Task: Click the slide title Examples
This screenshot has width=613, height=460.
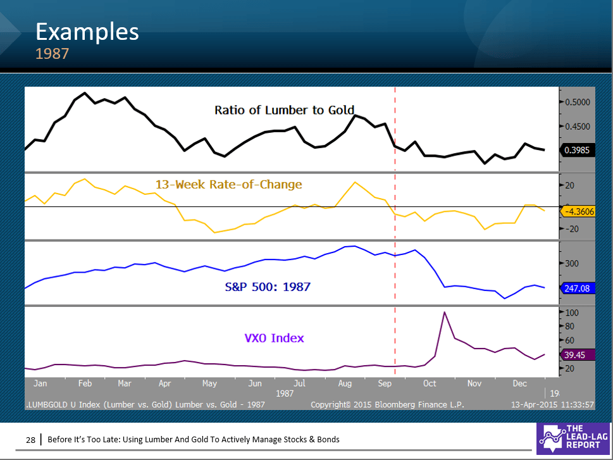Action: coord(87,31)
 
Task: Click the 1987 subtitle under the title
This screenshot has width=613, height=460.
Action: coord(52,54)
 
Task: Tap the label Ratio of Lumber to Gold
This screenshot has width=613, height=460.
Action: coord(284,110)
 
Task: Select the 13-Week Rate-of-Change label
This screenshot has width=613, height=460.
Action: coord(228,185)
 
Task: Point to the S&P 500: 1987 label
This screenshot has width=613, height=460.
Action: coord(268,287)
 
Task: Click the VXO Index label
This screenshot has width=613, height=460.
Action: coord(274,338)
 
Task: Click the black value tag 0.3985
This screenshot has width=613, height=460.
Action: coord(578,151)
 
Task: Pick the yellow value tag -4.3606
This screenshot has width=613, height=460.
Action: coord(578,211)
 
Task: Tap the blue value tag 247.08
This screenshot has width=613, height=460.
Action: coord(578,288)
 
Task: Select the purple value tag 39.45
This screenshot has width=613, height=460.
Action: coord(578,355)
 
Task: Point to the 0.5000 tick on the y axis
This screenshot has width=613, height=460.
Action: coord(578,102)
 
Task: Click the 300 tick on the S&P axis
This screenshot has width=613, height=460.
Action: coord(572,263)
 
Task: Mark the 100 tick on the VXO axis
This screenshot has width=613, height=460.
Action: coord(572,313)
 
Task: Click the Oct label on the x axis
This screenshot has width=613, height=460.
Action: coord(430,383)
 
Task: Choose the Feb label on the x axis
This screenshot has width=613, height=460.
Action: coord(85,383)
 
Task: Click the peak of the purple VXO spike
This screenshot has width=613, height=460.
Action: coord(445,312)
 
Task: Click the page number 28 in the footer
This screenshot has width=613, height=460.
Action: coord(30,439)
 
